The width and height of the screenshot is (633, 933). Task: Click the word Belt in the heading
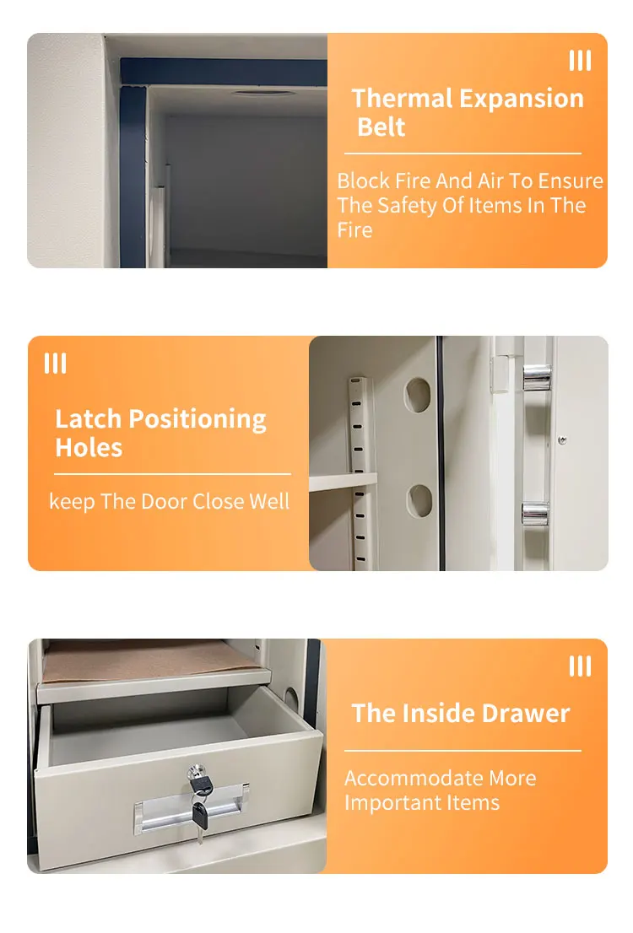tap(381, 127)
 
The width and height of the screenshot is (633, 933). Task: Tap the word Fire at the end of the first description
tap(354, 230)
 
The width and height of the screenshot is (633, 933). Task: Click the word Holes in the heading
tap(89, 448)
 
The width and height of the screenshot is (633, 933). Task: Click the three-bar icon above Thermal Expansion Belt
tap(580, 61)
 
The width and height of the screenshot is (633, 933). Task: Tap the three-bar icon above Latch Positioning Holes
tap(55, 364)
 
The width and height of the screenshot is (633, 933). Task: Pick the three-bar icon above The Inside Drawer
tap(580, 666)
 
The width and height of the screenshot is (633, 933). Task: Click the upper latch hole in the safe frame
tap(418, 394)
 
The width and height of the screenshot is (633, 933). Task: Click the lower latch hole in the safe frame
tap(419, 500)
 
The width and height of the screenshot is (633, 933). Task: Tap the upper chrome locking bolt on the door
tap(536, 377)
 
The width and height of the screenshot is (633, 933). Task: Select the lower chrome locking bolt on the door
tap(535, 514)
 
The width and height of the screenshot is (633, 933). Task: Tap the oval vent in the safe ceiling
tap(264, 93)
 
